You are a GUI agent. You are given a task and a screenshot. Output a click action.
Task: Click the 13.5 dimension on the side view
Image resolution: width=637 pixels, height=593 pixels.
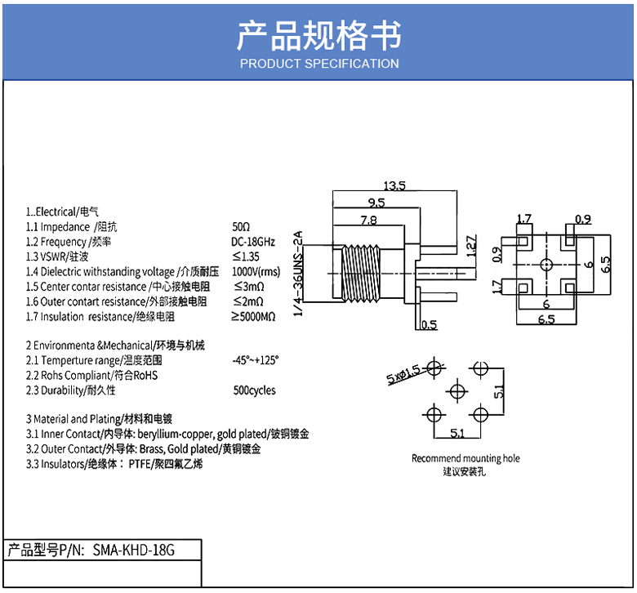point(394,185)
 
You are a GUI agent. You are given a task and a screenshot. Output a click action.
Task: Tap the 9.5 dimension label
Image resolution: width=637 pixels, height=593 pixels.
point(376,203)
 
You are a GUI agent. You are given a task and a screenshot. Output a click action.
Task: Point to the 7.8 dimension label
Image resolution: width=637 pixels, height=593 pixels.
point(368,220)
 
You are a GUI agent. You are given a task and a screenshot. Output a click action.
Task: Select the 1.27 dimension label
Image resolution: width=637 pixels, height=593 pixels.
point(471,246)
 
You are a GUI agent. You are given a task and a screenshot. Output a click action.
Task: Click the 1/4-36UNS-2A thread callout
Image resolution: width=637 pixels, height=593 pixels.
point(298,274)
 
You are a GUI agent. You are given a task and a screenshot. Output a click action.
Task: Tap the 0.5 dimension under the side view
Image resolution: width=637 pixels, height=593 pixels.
point(429,325)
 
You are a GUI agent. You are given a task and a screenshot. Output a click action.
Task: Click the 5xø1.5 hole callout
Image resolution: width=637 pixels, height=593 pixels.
point(403,374)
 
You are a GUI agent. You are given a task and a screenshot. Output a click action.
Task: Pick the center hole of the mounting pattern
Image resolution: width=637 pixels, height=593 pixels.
point(457,392)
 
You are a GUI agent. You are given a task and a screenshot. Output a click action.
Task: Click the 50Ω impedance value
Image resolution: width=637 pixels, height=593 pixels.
point(241,226)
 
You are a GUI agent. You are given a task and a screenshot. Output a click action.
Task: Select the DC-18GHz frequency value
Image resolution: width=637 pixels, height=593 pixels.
point(253,242)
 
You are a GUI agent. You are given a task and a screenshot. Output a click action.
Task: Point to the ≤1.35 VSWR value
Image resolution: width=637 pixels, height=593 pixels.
point(246,256)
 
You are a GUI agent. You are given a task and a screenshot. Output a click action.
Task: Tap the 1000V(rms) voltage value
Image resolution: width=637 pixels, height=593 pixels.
point(256,271)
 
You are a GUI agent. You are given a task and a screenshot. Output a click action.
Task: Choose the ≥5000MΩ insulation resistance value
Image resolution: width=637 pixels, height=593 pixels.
point(253,317)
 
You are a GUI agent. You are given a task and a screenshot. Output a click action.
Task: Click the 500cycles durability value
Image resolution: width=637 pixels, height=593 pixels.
point(254,390)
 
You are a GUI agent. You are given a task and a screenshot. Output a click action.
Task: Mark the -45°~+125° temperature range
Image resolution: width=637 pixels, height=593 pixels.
point(256,360)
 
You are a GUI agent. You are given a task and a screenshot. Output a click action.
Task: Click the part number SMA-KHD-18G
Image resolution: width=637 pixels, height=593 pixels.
point(134,551)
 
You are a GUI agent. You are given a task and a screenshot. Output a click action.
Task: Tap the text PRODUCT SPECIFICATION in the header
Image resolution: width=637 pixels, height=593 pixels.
point(319,64)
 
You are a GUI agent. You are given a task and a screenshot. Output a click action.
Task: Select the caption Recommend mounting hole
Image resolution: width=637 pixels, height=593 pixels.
point(465,458)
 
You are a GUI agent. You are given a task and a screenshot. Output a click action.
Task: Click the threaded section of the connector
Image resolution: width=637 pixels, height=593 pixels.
point(361,273)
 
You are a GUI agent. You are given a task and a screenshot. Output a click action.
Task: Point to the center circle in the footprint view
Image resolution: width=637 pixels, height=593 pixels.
point(546,265)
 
